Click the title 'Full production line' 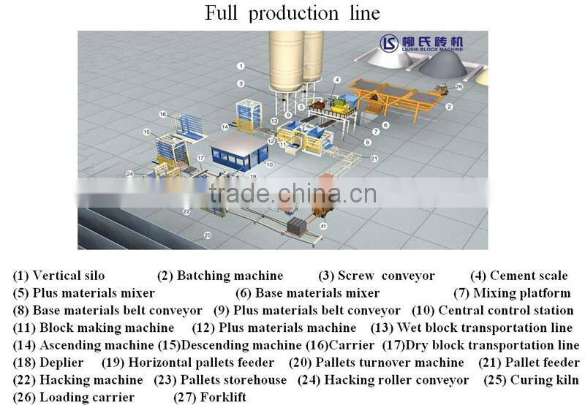[292, 14]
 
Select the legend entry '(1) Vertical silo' [58, 276]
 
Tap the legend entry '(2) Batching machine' [220, 276]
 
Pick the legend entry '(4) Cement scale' [518, 276]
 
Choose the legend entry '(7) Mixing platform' [512, 293]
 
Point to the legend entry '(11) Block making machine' [94, 328]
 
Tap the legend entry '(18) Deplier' [48, 363]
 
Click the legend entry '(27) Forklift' [210, 397]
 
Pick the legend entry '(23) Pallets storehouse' [220, 379]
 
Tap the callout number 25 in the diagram [207, 235]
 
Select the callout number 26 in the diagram [458, 86]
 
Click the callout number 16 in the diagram [163, 114]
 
